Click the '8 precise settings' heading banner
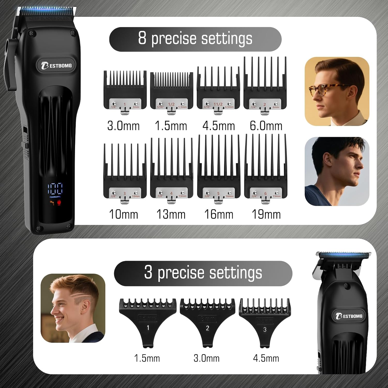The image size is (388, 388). pyautogui.click(x=195, y=39)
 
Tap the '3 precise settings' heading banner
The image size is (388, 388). pyautogui.click(x=203, y=273)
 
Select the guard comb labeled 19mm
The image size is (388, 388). pyautogui.click(x=266, y=169)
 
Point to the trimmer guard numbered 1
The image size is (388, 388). pyautogui.click(x=148, y=321)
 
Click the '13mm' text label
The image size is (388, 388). pyautogui.click(x=171, y=214)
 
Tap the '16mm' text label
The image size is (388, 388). pyautogui.click(x=219, y=214)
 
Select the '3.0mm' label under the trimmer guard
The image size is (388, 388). pyautogui.click(x=206, y=358)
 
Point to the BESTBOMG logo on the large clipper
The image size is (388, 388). pyautogui.click(x=57, y=65)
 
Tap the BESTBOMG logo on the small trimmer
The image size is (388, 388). pyautogui.click(x=349, y=316)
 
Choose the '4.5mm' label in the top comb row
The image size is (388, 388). pyautogui.click(x=219, y=126)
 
